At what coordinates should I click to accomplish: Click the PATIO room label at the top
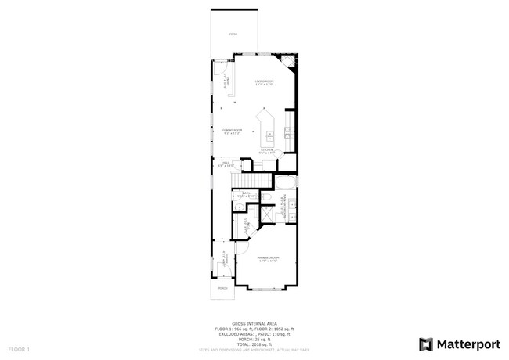233,35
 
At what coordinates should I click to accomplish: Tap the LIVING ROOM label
264,82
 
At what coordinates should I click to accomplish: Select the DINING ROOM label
232,131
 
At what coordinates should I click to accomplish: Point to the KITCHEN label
267,150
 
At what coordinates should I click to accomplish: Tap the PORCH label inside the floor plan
222,288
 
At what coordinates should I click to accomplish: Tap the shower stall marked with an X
266,214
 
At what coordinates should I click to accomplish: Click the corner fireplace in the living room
291,61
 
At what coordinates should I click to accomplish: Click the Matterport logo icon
426,344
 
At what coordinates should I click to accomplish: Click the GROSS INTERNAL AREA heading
254,322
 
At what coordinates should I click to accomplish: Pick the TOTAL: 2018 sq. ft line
254,344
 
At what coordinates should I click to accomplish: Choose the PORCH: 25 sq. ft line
254,339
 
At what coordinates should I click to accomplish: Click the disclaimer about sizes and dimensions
254,349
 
